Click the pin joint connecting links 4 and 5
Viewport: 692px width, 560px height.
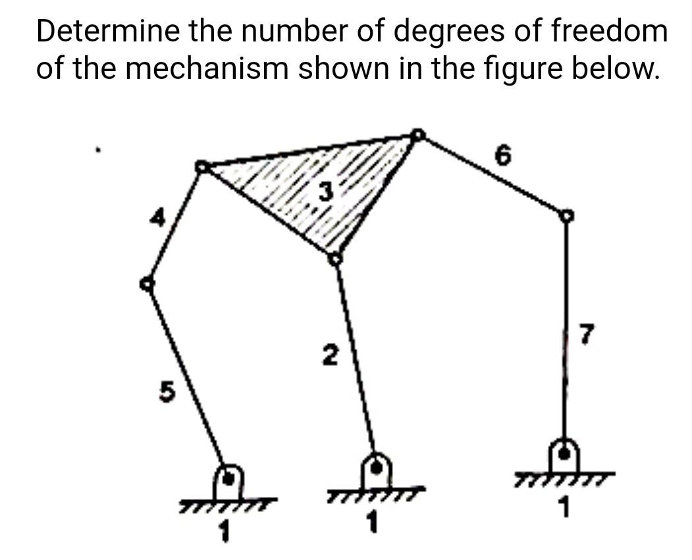point(147,284)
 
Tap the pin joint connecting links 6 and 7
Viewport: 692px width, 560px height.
point(566,215)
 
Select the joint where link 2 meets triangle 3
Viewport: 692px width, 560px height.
point(335,257)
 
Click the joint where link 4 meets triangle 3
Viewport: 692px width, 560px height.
point(201,167)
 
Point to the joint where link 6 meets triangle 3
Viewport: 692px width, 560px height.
point(417,135)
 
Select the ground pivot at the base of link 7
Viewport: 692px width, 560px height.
point(565,453)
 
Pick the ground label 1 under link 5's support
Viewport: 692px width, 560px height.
point(225,530)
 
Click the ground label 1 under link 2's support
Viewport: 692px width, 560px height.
point(374,523)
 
